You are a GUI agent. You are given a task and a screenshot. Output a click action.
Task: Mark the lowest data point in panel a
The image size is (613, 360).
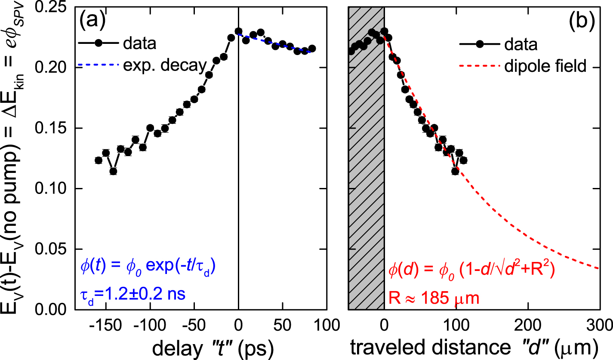[x=113, y=171]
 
